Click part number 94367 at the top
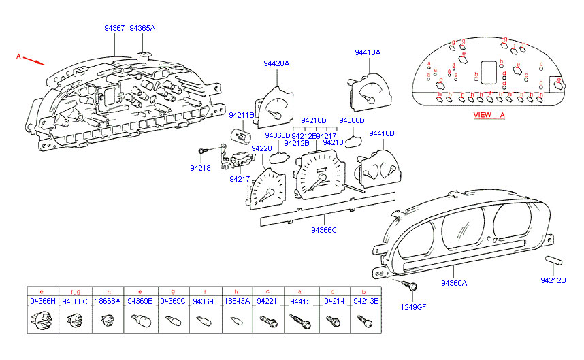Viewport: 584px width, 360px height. pos(114,29)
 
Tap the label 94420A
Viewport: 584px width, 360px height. pos(276,63)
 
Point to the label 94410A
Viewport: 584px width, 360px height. pos(367,52)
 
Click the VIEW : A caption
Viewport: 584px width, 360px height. pos(489,116)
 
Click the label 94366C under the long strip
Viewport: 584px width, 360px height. pos(324,230)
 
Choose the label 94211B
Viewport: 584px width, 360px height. pos(241,116)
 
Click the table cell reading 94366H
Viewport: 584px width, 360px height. pos(42,301)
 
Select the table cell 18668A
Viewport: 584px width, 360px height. pos(108,301)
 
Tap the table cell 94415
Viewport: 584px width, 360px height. pos(299,301)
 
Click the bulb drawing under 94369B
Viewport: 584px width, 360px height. pos(140,319)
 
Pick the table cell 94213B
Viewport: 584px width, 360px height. pos(367,301)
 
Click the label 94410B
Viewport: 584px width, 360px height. pos(381,134)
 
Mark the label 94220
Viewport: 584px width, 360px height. pos(261,148)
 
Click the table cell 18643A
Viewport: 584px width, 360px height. pos(237,301)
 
